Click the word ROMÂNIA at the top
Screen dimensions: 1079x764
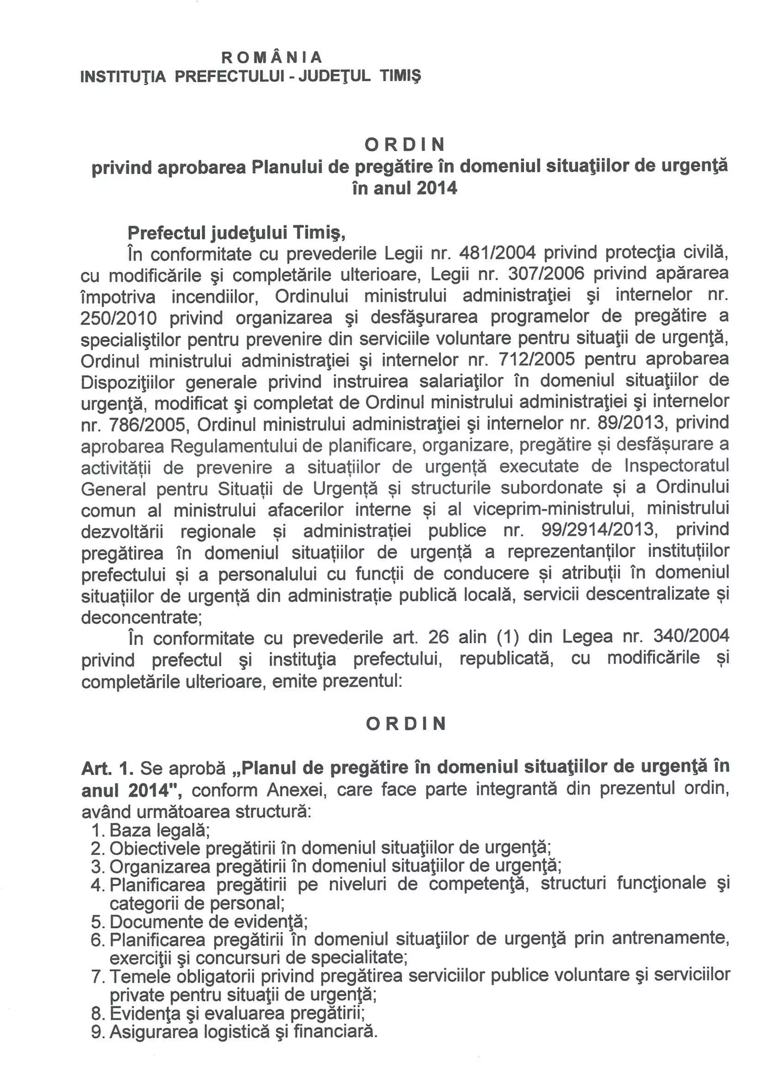pos(272,57)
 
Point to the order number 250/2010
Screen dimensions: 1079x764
pos(119,319)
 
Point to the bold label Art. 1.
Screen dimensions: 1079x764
pos(108,768)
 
